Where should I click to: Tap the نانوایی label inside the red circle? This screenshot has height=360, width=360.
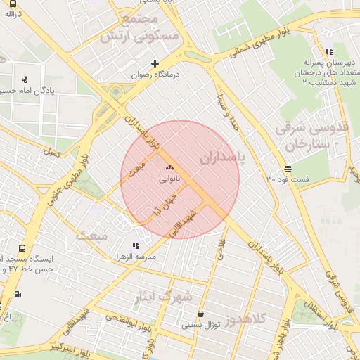click(169, 180)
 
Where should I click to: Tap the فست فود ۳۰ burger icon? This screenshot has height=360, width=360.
click(288, 169)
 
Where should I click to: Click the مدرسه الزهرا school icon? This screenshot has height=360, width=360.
click(136, 245)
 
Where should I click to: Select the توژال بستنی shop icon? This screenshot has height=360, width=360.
click(202, 314)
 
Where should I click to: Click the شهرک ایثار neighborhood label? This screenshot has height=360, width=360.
click(162, 297)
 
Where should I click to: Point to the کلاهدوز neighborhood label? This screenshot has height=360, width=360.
click(246, 319)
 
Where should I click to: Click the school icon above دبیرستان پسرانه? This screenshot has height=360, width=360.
click(329, 51)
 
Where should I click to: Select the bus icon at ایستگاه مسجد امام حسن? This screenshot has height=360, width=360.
click(22, 249)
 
